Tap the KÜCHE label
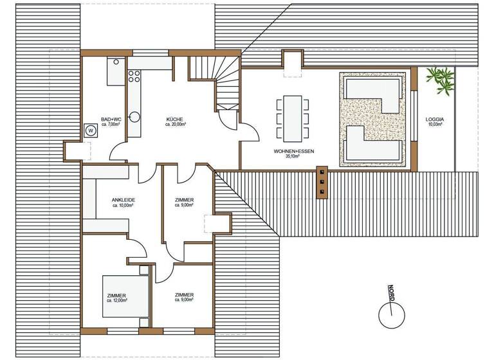(176, 120)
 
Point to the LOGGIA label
(435, 120)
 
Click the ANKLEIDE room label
(123, 200)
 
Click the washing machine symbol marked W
(89, 129)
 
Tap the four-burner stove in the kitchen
(135, 78)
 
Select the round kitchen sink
(135, 116)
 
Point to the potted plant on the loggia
(439, 80)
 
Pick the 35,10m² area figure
(287, 156)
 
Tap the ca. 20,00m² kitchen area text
(176, 125)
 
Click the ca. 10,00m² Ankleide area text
(123, 206)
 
